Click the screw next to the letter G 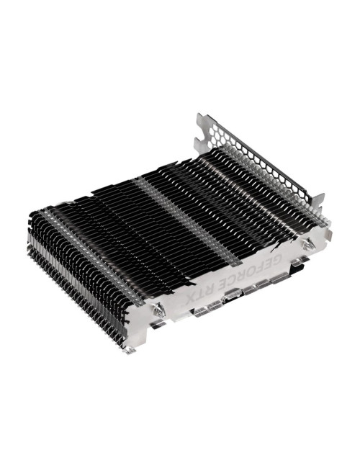point(307,246)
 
